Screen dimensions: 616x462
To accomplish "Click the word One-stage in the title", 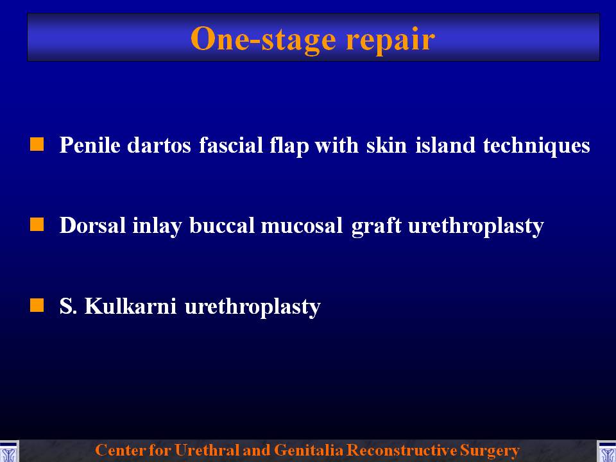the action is pos(263,39).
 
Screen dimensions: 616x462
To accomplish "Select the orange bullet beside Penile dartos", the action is pos(37,144).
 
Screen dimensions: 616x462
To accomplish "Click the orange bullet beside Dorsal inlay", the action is pos(37,225).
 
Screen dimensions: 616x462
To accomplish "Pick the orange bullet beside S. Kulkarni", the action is pos(37,305).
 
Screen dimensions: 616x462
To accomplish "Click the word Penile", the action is pos(90,144).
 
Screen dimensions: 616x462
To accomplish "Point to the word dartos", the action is pos(159,146).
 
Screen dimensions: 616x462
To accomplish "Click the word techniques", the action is pos(536,146).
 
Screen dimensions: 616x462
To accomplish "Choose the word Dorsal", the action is pos(92,225).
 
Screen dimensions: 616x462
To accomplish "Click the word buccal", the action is pos(222,225).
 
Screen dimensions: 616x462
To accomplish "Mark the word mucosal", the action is pos(302,225).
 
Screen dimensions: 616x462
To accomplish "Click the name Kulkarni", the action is pos(130,306).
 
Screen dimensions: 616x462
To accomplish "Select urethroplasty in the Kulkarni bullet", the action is pos(253,307).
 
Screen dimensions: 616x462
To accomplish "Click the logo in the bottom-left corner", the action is pos(9,451).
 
